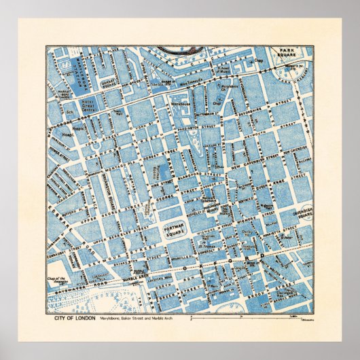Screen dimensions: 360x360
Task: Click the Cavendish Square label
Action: [x=300, y=215]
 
